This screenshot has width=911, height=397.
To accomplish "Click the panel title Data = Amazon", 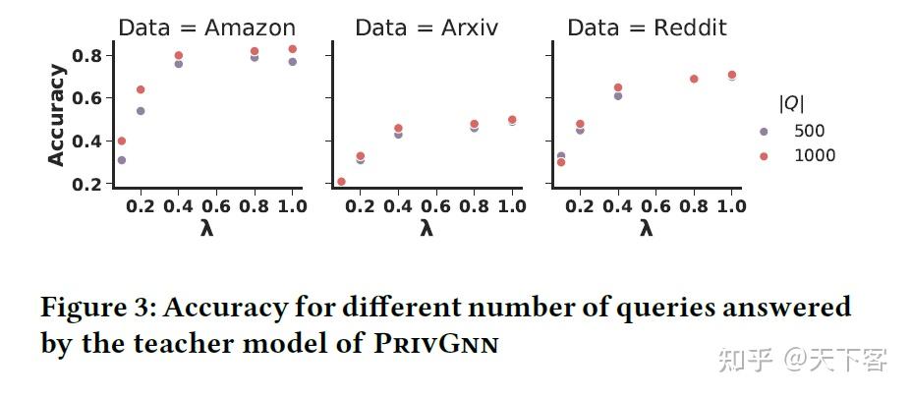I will point(206,28).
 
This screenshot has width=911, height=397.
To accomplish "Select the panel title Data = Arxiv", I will point(427,28).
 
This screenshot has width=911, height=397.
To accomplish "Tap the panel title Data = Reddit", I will point(647,28).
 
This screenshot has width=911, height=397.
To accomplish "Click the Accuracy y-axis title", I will point(57,115).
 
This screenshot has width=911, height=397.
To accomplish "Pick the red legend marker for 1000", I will point(764,155).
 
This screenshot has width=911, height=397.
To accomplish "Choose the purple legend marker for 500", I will point(764,131).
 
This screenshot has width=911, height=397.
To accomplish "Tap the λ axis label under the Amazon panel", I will point(206,229).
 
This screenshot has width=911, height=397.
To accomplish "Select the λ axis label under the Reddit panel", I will point(647,229).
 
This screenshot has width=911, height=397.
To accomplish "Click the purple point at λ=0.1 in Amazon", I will point(122,159).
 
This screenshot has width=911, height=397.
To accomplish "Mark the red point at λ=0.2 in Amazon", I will point(141,89).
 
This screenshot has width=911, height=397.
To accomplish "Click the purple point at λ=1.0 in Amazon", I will point(292,62).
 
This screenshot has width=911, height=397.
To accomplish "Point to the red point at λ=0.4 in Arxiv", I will point(398,128).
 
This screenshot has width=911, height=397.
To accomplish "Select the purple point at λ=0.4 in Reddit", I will point(618,95).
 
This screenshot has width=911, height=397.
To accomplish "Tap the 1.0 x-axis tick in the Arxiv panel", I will point(511,206).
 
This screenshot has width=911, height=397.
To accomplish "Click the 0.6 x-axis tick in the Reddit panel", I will point(655,206).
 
